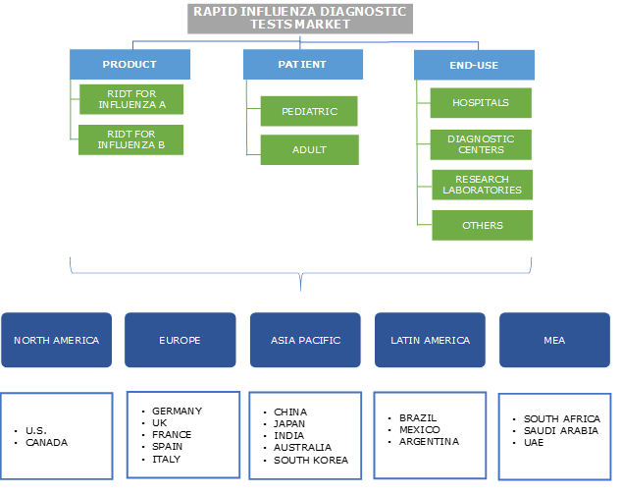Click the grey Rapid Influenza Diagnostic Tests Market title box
coord(298,18)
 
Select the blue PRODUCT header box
coord(129,65)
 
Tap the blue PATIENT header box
coord(302,65)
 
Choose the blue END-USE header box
coord(474,65)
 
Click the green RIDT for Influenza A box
coord(131,99)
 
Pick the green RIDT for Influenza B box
coord(131,140)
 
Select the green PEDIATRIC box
coord(309,111)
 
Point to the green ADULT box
coord(309,150)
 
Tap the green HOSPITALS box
coord(481,102)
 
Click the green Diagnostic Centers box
coord(481,144)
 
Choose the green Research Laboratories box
coord(481,185)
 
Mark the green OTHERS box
coord(482,225)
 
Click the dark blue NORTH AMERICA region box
coord(56,340)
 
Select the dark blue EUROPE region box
coord(180,340)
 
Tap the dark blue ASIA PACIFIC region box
coord(305,340)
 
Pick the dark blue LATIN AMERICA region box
coord(430,340)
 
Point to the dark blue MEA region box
coord(553,340)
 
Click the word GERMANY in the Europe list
coord(177,411)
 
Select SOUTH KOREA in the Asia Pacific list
coord(311,460)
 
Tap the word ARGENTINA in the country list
coord(429,441)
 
